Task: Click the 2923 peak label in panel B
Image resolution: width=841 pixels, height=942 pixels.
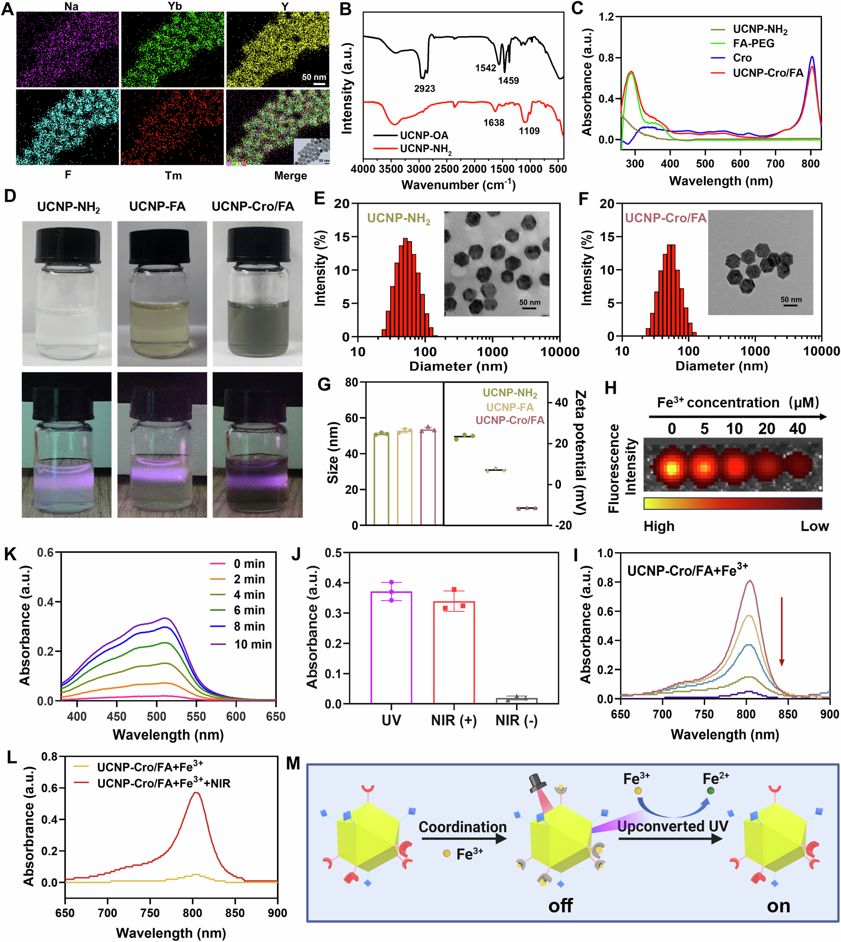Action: tap(424, 88)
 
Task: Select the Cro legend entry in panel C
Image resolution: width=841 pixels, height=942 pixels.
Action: tap(742, 58)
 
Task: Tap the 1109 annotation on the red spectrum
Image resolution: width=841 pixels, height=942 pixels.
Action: tap(529, 131)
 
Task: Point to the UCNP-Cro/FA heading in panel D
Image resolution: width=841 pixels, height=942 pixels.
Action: tap(253, 206)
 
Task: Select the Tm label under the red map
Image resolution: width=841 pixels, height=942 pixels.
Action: tap(173, 176)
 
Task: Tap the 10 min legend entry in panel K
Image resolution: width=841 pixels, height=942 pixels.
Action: tap(253, 644)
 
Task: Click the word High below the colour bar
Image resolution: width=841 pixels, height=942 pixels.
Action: tap(659, 526)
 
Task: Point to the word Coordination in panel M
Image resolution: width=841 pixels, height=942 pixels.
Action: tap(462, 826)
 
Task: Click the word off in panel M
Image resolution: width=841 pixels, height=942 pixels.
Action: tap(560, 905)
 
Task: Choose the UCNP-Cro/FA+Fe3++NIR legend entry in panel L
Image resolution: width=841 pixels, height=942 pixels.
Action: tap(164, 783)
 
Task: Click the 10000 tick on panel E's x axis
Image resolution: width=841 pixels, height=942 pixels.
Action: tap(559, 352)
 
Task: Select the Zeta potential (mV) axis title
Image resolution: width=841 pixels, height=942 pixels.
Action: tap(580, 453)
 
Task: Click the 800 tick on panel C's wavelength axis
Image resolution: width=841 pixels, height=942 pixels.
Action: tap(810, 163)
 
